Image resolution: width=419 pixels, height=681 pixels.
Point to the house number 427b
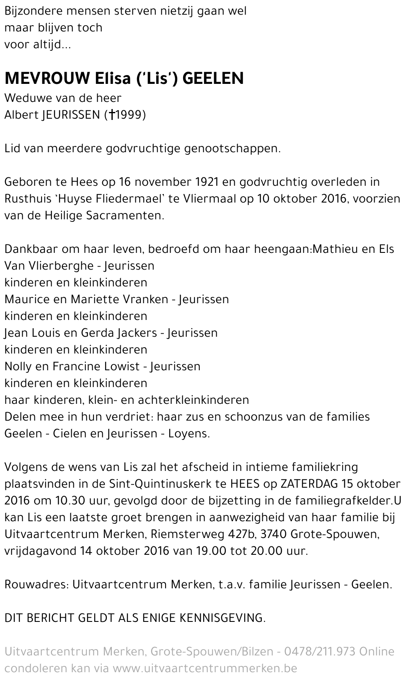(233, 534)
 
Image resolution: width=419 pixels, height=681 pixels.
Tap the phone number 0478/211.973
(320, 652)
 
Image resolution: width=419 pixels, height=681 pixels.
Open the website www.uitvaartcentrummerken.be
(205, 668)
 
